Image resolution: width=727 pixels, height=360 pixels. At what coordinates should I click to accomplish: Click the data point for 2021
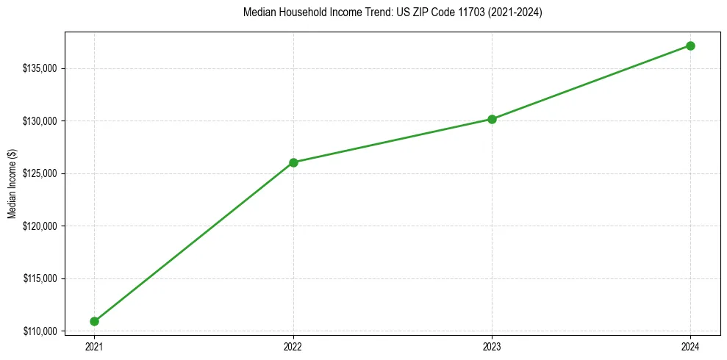click(x=94, y=321)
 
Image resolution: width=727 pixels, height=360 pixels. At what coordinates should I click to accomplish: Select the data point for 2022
click(x=293, y=162)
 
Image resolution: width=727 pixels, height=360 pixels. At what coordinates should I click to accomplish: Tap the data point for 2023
click(x=492, y=119)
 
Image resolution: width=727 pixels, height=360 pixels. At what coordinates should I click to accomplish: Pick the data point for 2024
click(x=690, y=46)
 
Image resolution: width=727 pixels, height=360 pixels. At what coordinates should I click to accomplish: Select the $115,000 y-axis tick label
click(x=41, y=278)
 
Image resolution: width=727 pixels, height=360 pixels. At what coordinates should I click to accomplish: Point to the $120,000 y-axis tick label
click(x=41, y=226)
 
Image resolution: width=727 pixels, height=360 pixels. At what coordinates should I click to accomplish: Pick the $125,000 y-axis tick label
click(x=41, y=173)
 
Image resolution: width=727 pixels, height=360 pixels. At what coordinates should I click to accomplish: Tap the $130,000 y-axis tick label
click(x=41, y=121)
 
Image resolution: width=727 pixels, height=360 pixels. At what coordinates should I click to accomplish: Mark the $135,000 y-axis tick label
click(x=41, y=68)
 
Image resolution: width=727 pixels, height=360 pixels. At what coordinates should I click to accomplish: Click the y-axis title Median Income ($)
click(x=12, y=184)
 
